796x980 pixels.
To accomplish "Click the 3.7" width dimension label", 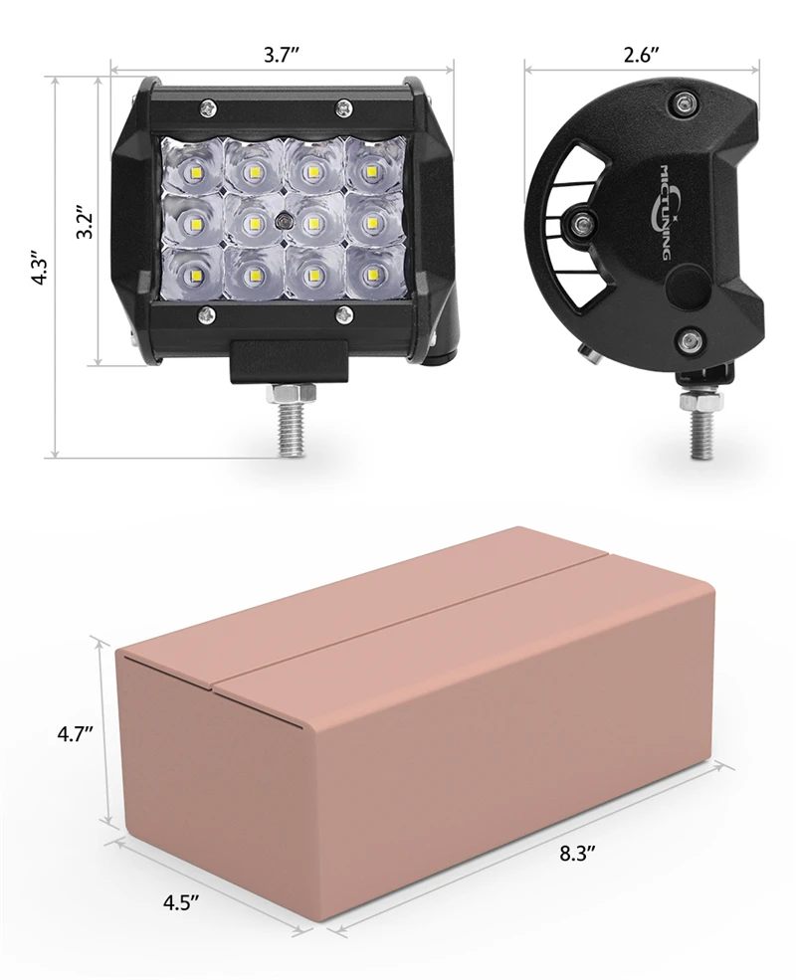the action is click(282, 55).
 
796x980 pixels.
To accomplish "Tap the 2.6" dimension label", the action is click(641, 55).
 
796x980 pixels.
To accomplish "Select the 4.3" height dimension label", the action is click(40, 269).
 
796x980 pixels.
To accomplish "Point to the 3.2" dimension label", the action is click(85, 223).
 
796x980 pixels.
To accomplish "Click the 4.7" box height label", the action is click(75, 733).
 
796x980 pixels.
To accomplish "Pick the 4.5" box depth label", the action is click(181, 902).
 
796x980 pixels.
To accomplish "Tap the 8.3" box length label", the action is click(578, 854).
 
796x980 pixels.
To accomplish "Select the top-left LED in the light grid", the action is click(194, 170).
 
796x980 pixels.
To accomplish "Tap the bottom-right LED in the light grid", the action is click(372, 274).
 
